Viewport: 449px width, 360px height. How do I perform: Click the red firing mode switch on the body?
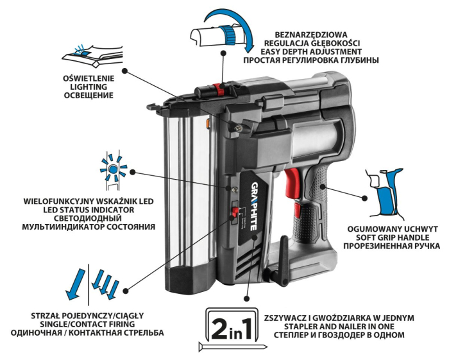(x=235, y=212)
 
